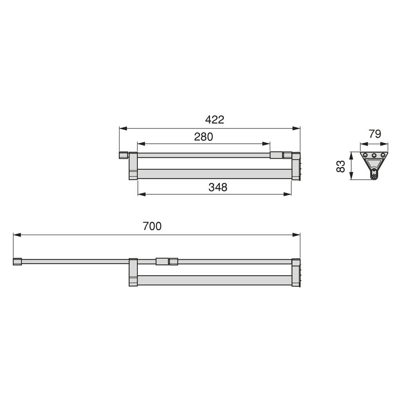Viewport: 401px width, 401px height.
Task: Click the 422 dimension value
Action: click(215, 120)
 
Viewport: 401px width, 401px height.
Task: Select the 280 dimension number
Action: click(204, 137)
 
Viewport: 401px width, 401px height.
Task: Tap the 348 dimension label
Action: click(218, 187)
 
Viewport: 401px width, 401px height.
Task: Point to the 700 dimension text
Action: click(152, 226)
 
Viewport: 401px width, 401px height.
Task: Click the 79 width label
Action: click(375, 134)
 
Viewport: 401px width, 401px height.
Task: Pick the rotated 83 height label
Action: click(341, 166)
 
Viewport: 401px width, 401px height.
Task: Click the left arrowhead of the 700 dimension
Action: click(17, 235)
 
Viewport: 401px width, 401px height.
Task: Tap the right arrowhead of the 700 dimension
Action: click(296, 235)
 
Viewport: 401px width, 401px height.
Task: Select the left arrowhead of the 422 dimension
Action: click(123, 128)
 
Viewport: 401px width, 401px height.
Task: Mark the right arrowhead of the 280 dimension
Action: click(266, 144)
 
